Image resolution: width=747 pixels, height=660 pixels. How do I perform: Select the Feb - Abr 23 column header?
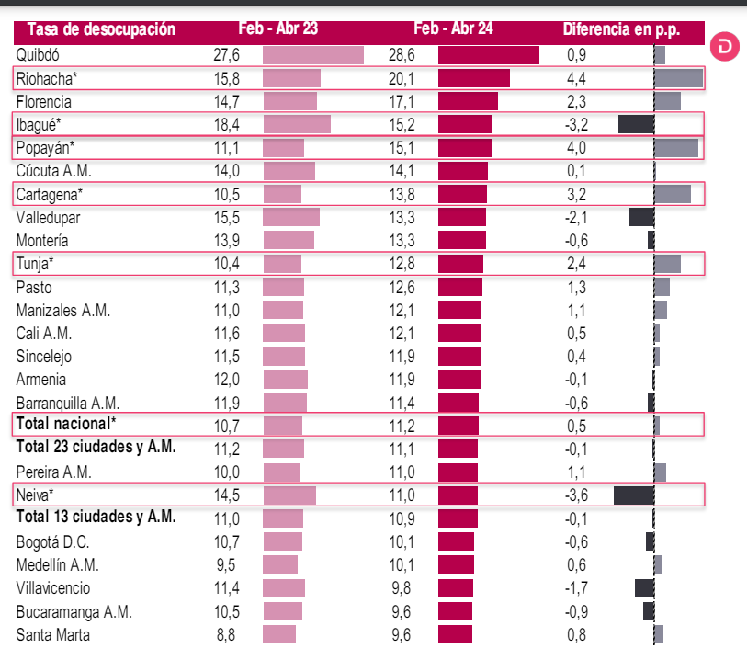[277, 29]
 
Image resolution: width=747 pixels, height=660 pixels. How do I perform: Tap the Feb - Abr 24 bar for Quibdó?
[488, 55]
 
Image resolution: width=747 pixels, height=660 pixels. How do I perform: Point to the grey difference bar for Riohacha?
[678, 78]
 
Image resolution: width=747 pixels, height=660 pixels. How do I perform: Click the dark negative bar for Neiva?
[633, 495]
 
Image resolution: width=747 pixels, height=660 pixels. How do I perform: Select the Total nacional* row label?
[66, 424]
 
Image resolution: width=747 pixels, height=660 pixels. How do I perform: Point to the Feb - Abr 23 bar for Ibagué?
[296, 124]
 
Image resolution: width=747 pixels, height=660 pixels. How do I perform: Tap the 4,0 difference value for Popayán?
[578, 147]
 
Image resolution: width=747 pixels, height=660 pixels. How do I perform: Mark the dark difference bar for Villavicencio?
[644, 587]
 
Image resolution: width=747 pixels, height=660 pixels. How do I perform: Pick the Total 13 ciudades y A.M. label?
[96, 517]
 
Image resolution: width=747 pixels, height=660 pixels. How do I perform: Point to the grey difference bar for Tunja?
[667, 264]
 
